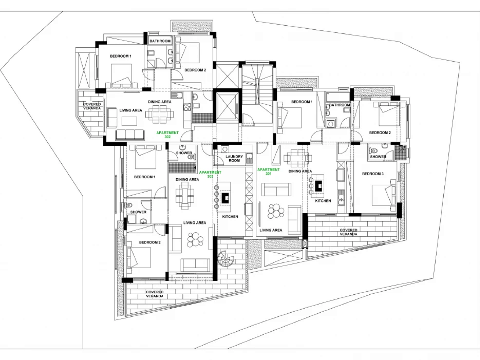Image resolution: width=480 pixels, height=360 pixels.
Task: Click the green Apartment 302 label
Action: pos(167,135)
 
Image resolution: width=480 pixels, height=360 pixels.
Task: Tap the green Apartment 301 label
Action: pos(269,172)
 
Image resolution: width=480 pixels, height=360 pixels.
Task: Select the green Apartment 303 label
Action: pos(210,174)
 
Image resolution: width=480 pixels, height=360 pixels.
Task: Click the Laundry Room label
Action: pos(234,159)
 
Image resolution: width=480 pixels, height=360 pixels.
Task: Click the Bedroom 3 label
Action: pos(372,174)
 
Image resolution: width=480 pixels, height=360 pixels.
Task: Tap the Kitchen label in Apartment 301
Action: pos(323,201)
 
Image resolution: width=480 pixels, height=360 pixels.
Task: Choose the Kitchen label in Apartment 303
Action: pos(230,217)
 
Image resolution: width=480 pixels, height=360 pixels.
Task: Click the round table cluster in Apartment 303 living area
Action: pos(195,239)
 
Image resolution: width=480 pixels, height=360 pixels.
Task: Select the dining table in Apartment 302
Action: pos(160,114)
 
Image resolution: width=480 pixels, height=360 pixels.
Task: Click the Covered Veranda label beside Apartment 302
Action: pos(92,106)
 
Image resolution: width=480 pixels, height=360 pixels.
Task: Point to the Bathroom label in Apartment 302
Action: pos(160,41)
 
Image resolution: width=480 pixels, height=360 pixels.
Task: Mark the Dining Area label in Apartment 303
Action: pos(187,179)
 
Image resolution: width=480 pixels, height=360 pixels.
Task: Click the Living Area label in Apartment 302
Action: pos(131,110)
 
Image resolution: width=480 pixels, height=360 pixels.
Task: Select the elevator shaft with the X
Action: pos(228,106)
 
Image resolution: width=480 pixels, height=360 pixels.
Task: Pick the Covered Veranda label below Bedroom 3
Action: pos(349,232)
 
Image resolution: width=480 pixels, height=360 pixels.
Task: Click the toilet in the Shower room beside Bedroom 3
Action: pos(373,151)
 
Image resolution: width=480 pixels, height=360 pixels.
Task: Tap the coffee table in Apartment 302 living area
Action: pos(129,121)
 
